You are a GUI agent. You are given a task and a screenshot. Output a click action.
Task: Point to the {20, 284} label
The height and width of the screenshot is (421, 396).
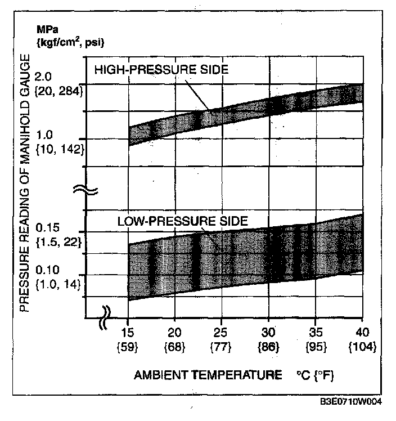tap(61, 90)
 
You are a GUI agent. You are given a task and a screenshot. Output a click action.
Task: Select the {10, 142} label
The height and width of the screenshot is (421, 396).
tap(61, 149)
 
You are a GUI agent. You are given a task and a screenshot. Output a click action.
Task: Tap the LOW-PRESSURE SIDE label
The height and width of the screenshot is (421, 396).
tap(182, 221)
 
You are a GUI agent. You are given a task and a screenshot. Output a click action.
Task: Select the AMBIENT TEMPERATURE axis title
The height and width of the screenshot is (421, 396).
tap(208, 374)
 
